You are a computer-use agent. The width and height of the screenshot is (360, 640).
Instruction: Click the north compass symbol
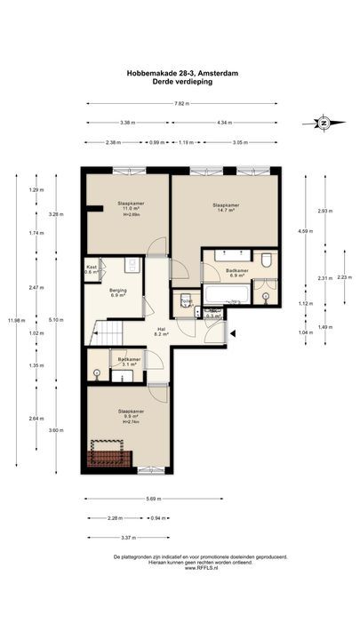click(x=324, y=123)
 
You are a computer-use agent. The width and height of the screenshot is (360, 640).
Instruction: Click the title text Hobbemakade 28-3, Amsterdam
click(x=180, y=76)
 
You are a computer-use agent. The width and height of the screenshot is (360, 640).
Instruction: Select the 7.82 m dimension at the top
click(x=181, y=103)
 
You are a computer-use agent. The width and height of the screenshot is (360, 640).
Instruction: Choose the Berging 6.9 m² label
click(x=119, y=292)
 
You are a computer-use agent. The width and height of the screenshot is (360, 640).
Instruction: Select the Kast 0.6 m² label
click(x=91, y=269)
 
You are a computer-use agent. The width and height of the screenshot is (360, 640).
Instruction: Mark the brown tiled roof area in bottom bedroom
click(x=109, y=456)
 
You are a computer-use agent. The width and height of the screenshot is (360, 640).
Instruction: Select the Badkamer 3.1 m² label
click(x=128, y=361)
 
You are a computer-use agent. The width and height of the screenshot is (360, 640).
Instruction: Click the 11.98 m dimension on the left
click(x=11, y=321)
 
